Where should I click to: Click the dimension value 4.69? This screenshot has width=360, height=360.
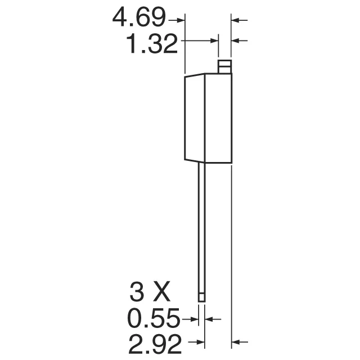point(139,20)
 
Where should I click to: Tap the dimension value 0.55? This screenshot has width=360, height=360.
point(153,319)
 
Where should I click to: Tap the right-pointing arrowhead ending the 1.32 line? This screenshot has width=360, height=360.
point(215,40)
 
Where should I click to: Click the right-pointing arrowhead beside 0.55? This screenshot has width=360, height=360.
point(195,319)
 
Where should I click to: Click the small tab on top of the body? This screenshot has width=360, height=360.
point(224,66)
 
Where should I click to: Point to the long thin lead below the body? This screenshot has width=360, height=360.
point(201,225)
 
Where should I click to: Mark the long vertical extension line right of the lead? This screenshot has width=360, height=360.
point(232,253)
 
